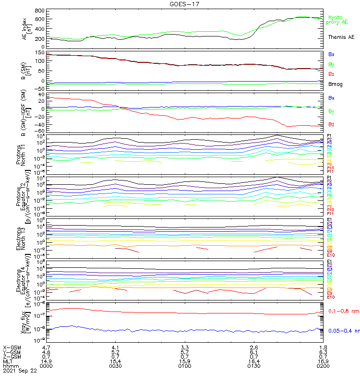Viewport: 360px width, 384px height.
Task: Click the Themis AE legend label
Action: tap(341, 37)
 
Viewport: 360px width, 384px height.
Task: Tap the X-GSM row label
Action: tap(12, 347)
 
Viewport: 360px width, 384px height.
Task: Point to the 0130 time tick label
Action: tap(254, 366)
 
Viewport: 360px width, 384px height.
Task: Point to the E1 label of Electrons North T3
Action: tap(329, 220)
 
